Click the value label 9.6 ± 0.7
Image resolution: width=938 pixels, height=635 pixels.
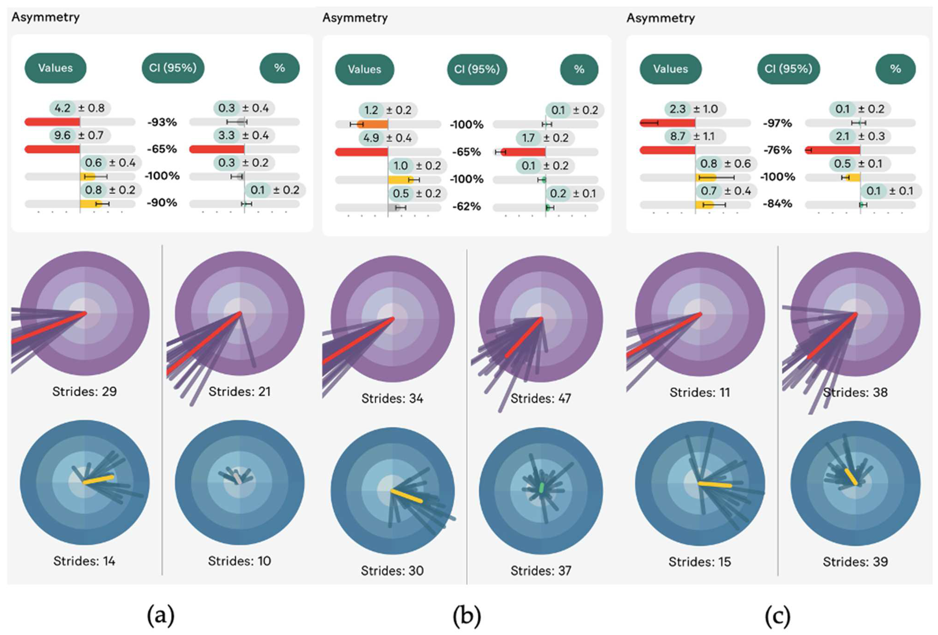click(x=79, y=135)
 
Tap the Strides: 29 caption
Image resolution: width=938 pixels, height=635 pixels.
click(x=84, y=391)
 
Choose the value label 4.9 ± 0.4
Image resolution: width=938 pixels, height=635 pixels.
click(x=387, y=138)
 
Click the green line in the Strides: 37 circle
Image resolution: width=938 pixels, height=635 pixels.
click(x=541, y=488)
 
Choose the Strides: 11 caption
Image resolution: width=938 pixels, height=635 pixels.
click(x=700, y=392)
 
